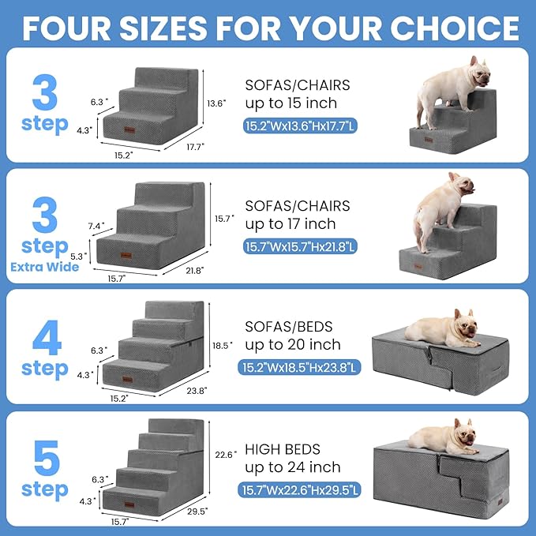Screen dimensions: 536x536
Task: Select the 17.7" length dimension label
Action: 195,145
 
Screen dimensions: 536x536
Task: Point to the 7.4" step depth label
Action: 97,226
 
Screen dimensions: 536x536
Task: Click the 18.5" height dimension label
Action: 223,345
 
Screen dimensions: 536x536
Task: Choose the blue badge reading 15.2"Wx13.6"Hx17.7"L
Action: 299,126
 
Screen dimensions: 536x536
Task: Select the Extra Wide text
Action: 44,266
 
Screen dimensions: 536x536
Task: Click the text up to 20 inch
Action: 292,344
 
